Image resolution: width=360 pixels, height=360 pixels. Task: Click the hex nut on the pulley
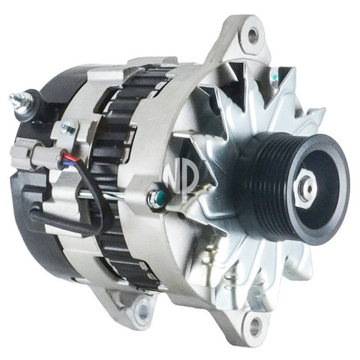tap(305, 187)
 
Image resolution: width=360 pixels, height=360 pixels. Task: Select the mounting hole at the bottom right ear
tap(255, 325)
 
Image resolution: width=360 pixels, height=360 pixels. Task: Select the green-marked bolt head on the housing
tap(156, 196)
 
